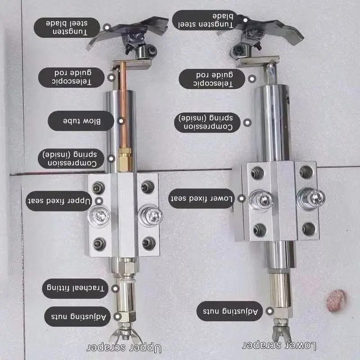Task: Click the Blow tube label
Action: coord(81,121)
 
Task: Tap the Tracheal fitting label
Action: coord(75,288)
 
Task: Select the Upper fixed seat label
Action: coord(59,201)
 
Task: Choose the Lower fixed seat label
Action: coord(201,198)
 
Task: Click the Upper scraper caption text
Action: coord(124,348)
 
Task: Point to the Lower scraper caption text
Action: coord(279,345)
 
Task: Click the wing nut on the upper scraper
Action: coord(125,335)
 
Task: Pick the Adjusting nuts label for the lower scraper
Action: coord(230,311)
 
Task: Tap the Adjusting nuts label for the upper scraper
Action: coord(77,316)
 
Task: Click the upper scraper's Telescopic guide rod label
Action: coord(72,77)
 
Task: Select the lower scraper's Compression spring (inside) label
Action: coord(207,122)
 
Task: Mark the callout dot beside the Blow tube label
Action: coord(121,121)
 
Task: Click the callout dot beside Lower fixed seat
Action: coord(242,198)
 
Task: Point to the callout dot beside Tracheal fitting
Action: coord(115,288)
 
